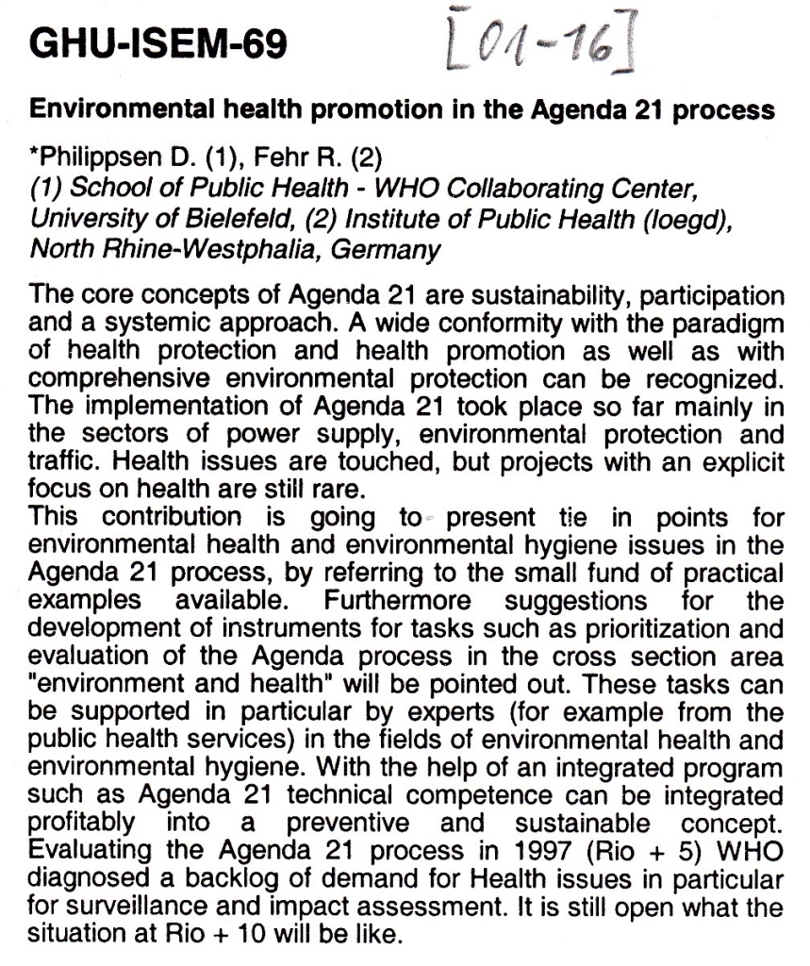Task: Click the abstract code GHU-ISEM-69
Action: pyautogui.click(x=157, y=44)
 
